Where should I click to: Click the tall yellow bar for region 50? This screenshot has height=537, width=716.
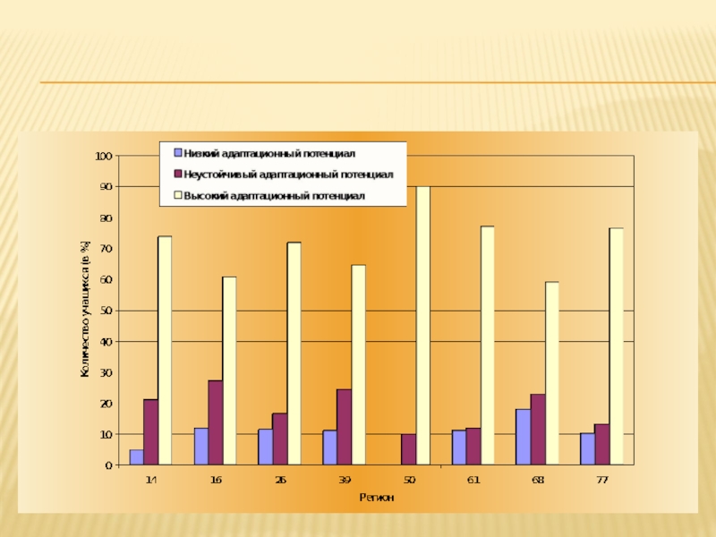pyautogui.click(x=422, y=326)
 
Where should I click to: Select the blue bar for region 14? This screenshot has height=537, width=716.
pyautogui.click(x=136, y=457)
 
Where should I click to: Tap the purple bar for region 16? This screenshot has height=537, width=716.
pyautogui.click(x=215, y=422)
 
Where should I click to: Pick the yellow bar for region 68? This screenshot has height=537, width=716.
pyautogui.click(x=551, y=373)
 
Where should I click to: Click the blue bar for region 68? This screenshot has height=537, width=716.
pyautogui.click(x=523, y=437)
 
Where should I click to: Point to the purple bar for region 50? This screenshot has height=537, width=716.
pyautogui.click(x=408, y=449)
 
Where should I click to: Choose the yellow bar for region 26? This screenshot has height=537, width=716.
pyautogui.click(x=294, y=354)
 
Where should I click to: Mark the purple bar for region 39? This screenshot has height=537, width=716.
pyautogui.click(x=344, y=427)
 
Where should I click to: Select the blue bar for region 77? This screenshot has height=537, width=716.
pyautogui.click(x=587, y=449)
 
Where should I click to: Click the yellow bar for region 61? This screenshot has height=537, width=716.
pyautogui.click(x=487, y=345)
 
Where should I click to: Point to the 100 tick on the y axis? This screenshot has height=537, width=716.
pyautogui.click(x=103, y=156)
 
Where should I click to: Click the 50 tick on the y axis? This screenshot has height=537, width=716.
pyautogui.click(x=106, y=311)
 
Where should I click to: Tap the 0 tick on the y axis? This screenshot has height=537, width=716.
pyautogui.click(x=108, y=465)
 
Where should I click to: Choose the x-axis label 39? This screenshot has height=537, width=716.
pyautogui.click(x=345, y=481)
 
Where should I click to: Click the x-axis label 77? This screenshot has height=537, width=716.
pyautogui.click(x=602, y=481)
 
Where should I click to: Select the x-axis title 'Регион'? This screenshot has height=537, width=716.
pyautogui.click(x=377, y=497)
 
